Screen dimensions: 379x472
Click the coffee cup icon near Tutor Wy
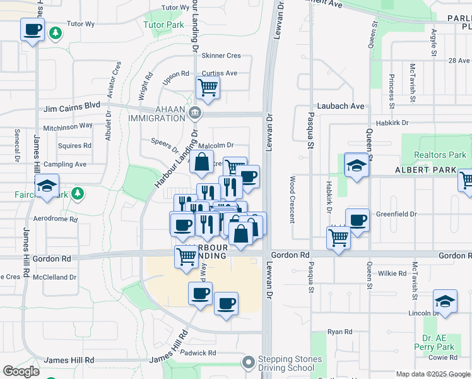click(x=32, y=29)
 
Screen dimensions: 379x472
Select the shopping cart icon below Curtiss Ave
click(x=208, y=87)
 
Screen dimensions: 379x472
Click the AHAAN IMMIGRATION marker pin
click(x=195, y=114)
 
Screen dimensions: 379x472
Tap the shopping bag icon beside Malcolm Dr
click(x=201, y=162)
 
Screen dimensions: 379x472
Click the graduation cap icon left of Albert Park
click(x=357, y=165)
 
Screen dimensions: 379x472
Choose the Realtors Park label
click(x=440, y=155)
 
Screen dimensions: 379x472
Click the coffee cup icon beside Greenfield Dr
click(x=357, y=220)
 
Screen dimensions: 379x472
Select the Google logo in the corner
click(x=21, y=371)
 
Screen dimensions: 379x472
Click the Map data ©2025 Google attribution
click(x=432, y=374)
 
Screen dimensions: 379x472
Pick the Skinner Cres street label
click(x=221, y=56)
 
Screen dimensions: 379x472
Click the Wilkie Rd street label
click(x=392, y=273)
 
